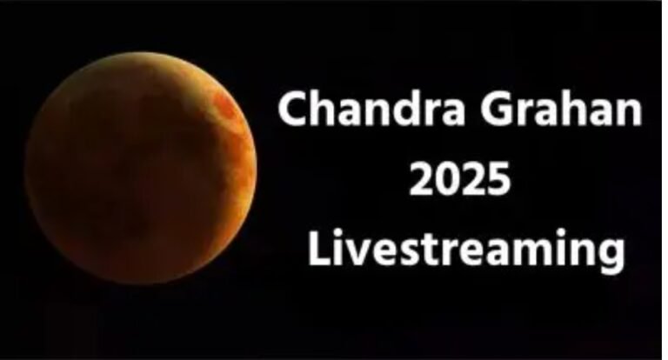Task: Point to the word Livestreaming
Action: (x=466, y=250)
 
